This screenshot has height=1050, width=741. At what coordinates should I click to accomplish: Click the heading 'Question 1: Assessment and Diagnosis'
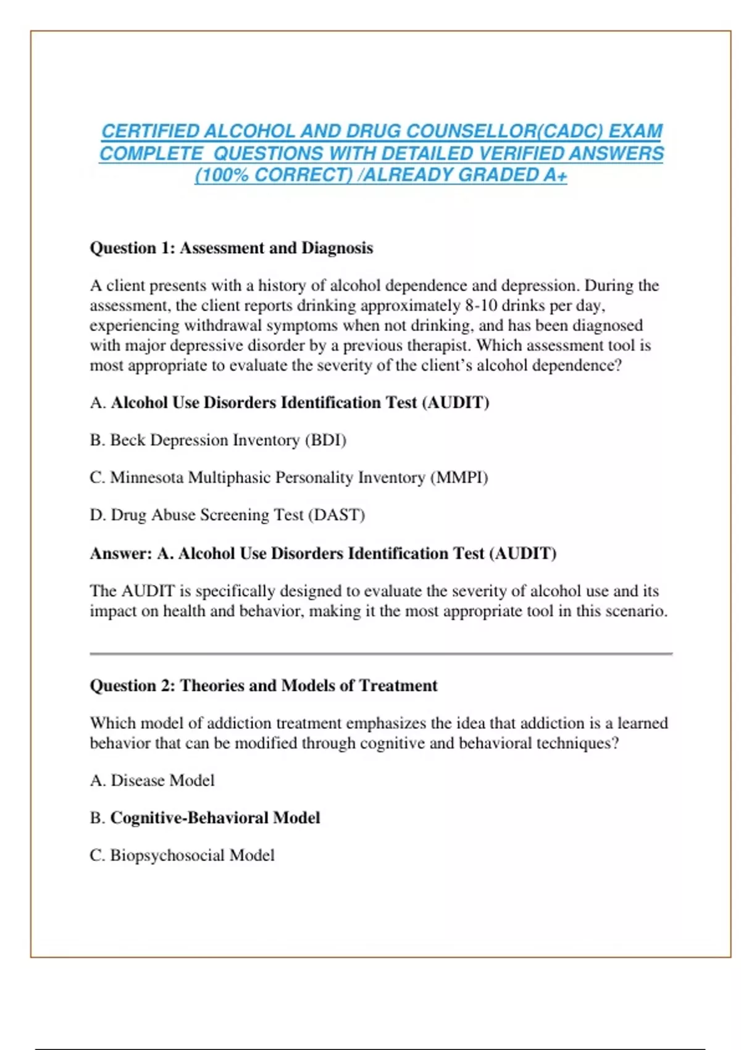click(x=232, y=248)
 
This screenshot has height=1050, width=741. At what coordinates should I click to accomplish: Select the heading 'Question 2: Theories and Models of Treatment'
click(x=264, y=686)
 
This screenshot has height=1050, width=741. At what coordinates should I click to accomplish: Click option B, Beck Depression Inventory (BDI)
click(x=218, y=440)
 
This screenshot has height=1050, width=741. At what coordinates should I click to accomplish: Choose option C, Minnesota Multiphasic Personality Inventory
click(x=289, y=478)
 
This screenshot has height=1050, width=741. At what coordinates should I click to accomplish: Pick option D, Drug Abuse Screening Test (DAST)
click(x=227, y=515)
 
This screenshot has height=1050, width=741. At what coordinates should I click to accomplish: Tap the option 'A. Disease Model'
click(x=153, y=781)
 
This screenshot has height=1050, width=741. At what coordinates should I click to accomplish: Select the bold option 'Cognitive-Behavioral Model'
click(x=215, y=818)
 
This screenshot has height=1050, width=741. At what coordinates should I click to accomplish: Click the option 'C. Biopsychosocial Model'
click(x=182, y=855)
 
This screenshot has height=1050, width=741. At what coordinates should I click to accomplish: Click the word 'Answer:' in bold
click(x=121, y=553)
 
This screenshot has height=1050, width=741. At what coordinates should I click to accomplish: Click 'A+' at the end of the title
click(x=555, y=175)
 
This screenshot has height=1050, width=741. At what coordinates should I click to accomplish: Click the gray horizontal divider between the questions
click(x=381, y=653)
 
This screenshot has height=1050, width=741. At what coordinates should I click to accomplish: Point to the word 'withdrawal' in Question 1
click(x=225, y=325)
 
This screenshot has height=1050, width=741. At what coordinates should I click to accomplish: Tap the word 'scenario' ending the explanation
click(x=640, y=611)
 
